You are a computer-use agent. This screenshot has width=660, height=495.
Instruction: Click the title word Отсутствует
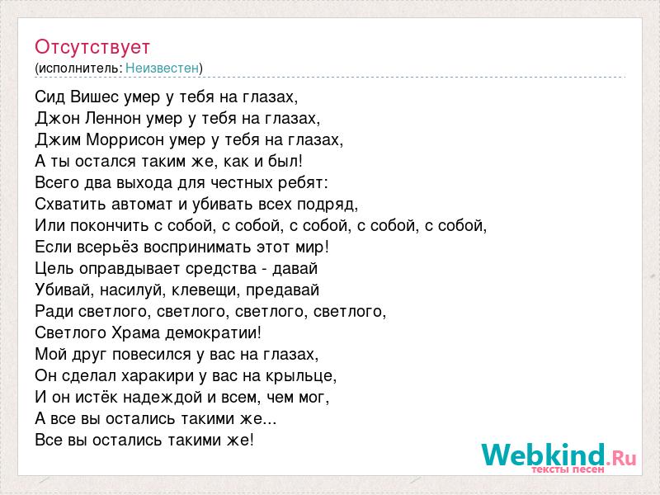(x=92, y=47)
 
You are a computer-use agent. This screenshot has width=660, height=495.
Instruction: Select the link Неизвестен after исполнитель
(x=162, y=68)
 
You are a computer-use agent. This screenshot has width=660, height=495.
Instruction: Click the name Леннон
(x=113, y=118)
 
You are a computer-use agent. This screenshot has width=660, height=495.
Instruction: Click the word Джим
(x=58, y=139)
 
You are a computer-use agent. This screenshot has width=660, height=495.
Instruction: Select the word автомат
(x=142, y=204)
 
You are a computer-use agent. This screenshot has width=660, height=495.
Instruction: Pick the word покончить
(x=109, y=225)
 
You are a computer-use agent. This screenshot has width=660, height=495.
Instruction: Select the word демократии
(x=213, y=333)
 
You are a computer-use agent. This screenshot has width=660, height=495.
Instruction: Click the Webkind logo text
(x=559, y=455)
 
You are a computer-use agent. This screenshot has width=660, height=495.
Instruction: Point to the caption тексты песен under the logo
(x=568, y=469)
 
